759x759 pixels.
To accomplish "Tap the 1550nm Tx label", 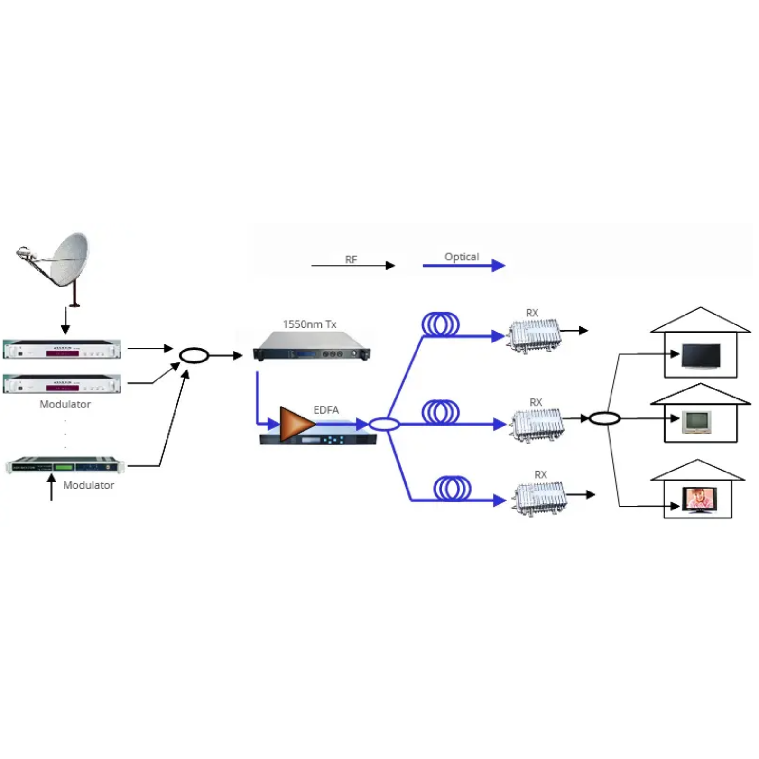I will coord(309,324).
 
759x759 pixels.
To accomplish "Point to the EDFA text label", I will coord(326,410).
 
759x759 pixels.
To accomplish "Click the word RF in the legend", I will coord(351,259).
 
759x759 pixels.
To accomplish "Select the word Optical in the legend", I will coord(462,257).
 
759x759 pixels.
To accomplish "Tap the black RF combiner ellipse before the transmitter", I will coord(194,355).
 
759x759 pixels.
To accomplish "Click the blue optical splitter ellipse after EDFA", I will coord(384,424).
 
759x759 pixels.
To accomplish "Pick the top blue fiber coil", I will coord(440,325).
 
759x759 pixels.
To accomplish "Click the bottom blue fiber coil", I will coord(452,489).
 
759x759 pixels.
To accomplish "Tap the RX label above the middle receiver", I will coord(536,402).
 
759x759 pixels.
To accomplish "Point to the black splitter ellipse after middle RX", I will coord(604,418).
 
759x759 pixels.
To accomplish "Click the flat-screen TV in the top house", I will coord(701,356).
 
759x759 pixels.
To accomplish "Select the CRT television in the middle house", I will coord(696,422).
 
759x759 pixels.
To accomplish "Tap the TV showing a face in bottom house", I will coord(699,500).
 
